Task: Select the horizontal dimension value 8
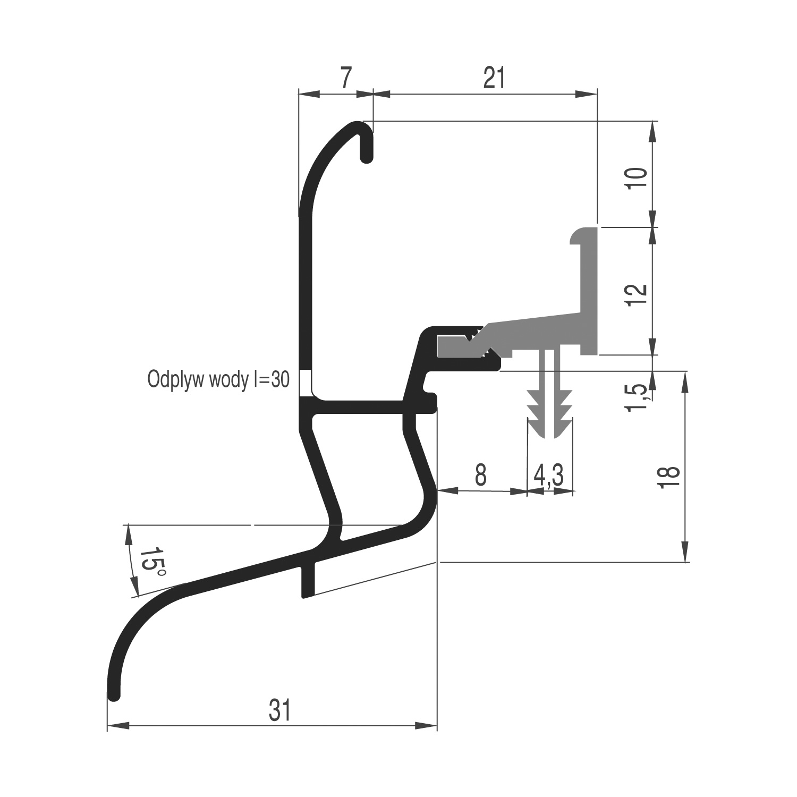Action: pos(480,474)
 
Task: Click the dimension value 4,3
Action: pos(549,474)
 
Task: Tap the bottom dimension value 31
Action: pos(280,710)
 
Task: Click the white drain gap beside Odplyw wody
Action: pos(305,382)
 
